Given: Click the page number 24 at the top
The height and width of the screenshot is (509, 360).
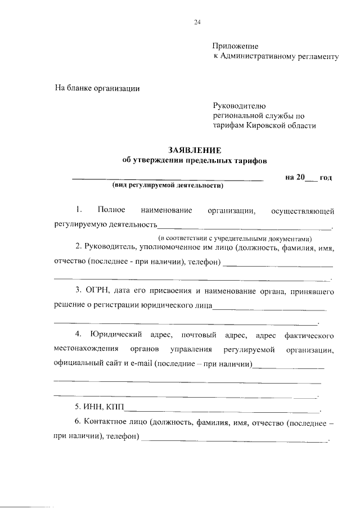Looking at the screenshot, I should coord(197,22).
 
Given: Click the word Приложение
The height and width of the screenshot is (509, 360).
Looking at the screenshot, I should coord(235,47).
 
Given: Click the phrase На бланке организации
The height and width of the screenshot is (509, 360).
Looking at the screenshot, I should coord(97,88).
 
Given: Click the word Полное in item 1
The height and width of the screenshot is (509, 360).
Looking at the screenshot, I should coord(111,210).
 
